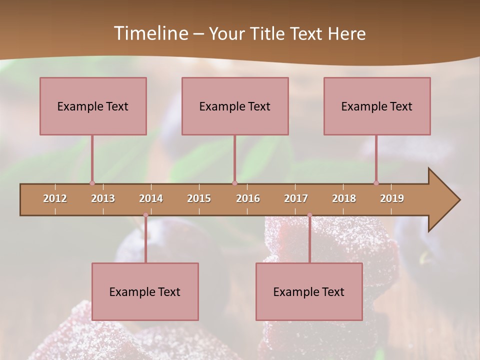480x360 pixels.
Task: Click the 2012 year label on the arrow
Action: tap(55, 198)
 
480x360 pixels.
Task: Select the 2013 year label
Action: tap(103, 198)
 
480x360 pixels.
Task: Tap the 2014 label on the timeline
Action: tap(151, 198)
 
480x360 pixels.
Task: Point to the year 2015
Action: tap(199, 198)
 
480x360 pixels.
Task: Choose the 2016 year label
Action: tap(248, 198)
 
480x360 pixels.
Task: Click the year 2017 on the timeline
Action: tap(296, 198)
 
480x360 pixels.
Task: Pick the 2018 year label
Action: tap(344, 198)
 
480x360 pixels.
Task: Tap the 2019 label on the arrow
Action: tap(392, 198)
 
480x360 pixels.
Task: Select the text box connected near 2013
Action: tap(93, 106)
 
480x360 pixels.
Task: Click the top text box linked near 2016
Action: tap(235, 106)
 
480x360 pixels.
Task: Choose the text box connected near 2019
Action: tap(377, 106)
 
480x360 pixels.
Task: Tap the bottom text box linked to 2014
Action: tap(145, 291)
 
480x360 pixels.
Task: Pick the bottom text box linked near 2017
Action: tap(309, 291)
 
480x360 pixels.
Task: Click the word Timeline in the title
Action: tap(150, 33)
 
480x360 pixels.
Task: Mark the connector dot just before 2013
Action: tap(92, 183)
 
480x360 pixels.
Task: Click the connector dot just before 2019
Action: tap(376, 183)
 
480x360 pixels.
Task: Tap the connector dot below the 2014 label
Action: tap(145, 215)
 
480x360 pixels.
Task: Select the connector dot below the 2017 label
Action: tap(309, 215)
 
